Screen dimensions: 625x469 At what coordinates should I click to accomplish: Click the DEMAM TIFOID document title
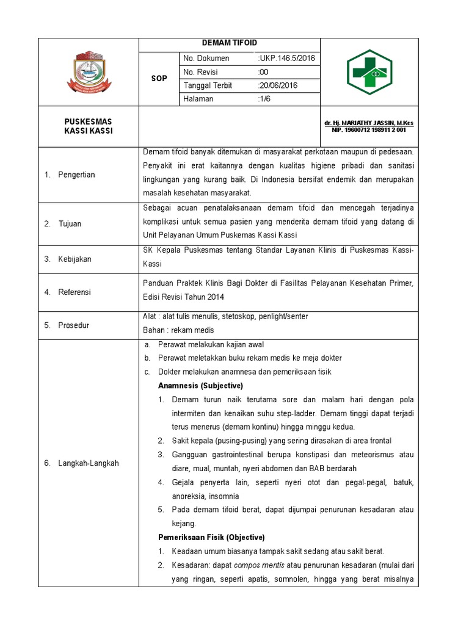[229, 43]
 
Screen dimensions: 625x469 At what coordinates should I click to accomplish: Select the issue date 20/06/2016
[278, 85]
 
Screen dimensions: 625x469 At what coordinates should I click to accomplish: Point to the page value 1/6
[264, 99]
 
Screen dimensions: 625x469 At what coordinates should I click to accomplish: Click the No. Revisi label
[202, 72]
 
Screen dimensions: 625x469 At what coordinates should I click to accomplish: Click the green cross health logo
[369, 72]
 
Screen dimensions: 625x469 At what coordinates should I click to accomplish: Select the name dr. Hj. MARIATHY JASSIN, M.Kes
[369, 123]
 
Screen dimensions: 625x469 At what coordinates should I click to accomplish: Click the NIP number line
[369, 130]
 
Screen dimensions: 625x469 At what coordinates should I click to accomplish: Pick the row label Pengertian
[76, 175]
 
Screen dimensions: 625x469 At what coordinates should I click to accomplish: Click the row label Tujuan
[70, 224]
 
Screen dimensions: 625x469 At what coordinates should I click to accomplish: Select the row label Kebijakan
[75, 259]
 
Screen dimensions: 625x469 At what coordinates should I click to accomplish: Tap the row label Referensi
[75, 292]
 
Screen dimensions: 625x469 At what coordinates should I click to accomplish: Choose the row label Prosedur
[73, 325]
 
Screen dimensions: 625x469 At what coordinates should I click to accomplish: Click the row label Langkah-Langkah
[89, 463]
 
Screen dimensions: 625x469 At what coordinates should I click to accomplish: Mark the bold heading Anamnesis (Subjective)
[200, 386]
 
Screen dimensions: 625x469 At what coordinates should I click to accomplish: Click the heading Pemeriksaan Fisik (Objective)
[211, 538]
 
